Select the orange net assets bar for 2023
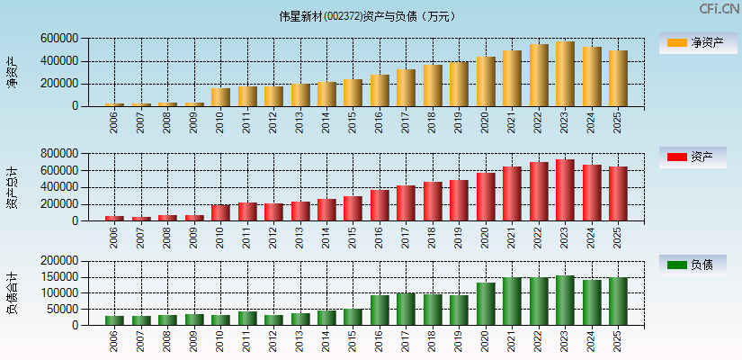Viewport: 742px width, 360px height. pyautogui.click(x=565, y=74)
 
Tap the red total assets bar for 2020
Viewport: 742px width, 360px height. pyautogui.click(x=486, y=197)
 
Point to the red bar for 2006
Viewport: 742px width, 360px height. pyautogui.click(x=114, y=219)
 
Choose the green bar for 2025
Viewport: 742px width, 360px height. pyautogui.click(x=618, y=301)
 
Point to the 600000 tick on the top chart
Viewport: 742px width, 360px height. pyautogui.click(x=58, y=39)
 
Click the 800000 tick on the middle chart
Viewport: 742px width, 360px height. pyautogui.click(x=58, y=154)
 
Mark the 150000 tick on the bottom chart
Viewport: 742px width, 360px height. pyautogui.click(x=58, y=276)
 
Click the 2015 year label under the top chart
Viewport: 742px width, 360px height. pyautogui.click(x=353, y=121)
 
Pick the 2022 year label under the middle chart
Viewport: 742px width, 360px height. pyautogui.click(x=540, y=236)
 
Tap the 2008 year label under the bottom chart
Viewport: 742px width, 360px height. pyautogui.click(x=168, y=339)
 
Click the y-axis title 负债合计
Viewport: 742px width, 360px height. pyautogui.click(x=12, y=292)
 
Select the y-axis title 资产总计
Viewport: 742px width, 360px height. pyautogui.click(x=12, y=187)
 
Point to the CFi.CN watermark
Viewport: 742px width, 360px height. pyautogui.click(x=719, y=8)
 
